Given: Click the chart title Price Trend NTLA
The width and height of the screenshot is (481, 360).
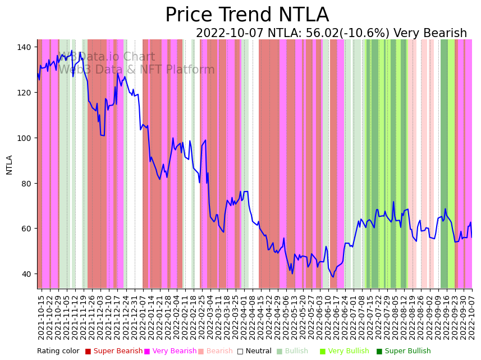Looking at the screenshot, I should [x=247, y=15].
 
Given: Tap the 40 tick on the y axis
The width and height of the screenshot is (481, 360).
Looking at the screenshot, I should [x=26, y=274].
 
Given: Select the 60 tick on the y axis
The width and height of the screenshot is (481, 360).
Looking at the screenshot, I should [x=26, y=229].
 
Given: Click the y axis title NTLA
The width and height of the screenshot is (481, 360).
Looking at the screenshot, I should [x=10, y=165].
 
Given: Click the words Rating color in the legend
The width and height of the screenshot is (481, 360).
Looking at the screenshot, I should [x=58, y=352].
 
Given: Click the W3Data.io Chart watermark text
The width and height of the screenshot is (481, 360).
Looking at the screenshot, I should [x=107, y=57].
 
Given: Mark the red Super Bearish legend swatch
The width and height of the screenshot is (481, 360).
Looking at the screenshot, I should [x=88, y=352].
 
